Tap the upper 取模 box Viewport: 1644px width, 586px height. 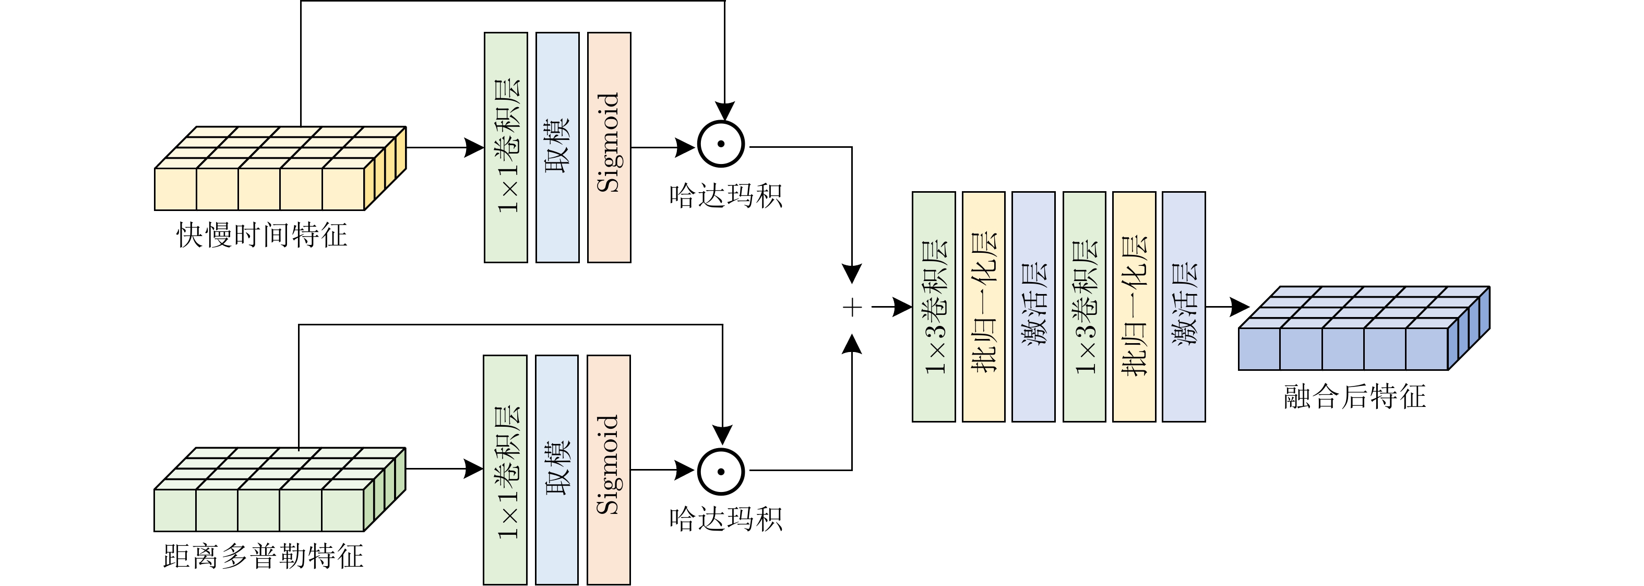pyautogui.click(x=557, y=147)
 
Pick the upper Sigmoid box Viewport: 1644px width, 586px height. pyautogui.click(x=609, y=147)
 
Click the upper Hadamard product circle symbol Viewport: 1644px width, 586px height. pyautogui.click(x=721, y=144)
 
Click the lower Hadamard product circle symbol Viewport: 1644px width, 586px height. pyautogui.click(x=721, y=472)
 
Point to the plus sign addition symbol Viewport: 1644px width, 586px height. pyautogui.click(x=852, y=308)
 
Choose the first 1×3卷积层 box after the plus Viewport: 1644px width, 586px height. pyautogui.click(x=934, y=307)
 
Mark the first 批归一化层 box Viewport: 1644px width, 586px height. pyautogui.click(x=983, y=307)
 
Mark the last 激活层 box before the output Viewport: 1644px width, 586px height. pyautogui.click(x=1184, y=307)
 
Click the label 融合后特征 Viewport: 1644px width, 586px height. pyautogui.click(x=1355, y=396)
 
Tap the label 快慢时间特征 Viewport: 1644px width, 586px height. pyautogui.click(x=261, y=235)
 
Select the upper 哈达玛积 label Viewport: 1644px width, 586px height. pyautogui.click(x=725, y=195)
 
